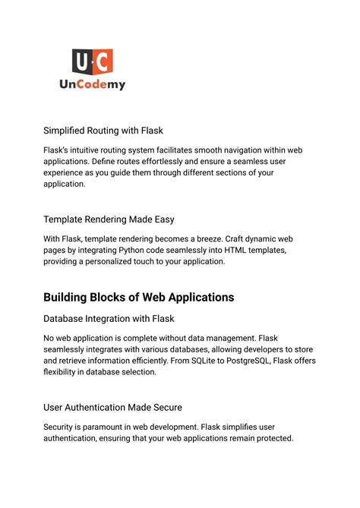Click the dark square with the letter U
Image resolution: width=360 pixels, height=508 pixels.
click(x=81, y=60)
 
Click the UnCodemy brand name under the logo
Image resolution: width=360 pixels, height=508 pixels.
click(x=92, y=85)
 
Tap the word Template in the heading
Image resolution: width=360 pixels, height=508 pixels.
click(x=67, y=219)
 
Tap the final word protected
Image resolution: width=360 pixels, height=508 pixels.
click(x=269, y=438)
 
